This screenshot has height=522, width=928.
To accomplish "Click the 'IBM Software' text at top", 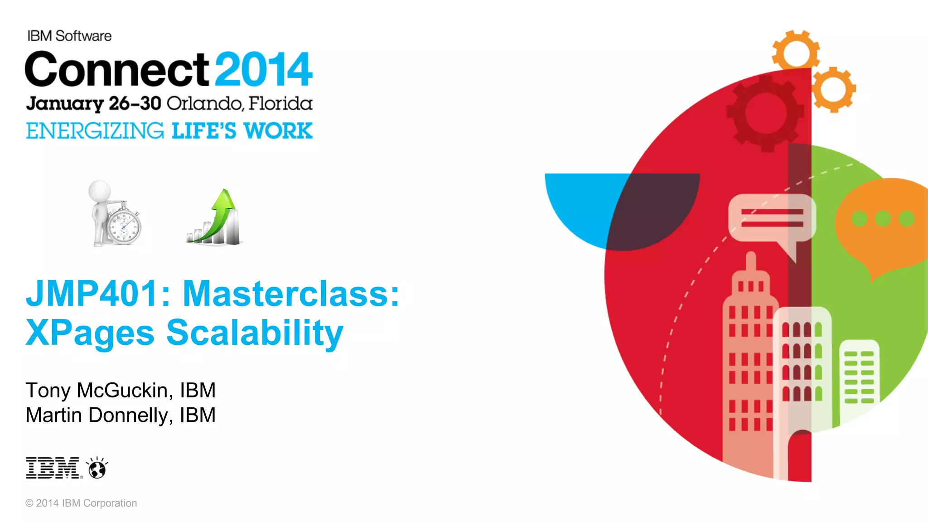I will (x=69, y=36).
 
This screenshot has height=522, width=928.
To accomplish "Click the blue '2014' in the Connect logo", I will (x=263, y=69).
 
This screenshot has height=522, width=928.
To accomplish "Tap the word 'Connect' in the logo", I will (x=117, y=69).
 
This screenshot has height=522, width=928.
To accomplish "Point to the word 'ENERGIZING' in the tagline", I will (x=95, y=131).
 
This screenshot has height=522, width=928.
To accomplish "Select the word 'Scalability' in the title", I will (x=255, y=333).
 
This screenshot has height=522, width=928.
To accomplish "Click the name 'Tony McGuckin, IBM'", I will (x=121, y=390).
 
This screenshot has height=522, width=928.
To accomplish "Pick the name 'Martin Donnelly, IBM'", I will (x=121, y=415).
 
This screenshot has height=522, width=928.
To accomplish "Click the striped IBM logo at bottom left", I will (x=53, y=468).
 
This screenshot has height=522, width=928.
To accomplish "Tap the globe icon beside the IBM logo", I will (x=97, y=469).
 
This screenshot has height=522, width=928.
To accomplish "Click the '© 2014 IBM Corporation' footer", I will (x=81, y=503).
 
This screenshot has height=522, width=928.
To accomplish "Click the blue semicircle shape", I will (x=585, y=204).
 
